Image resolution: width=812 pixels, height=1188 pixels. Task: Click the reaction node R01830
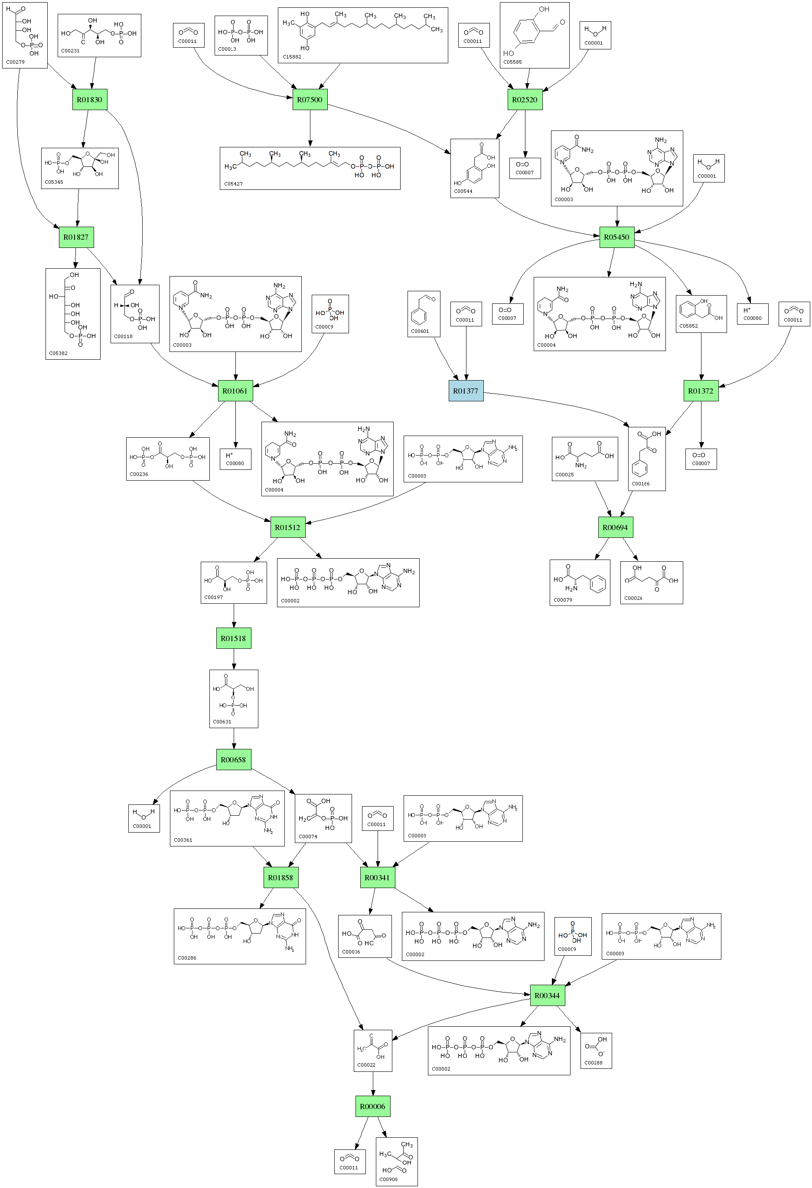[89, 100]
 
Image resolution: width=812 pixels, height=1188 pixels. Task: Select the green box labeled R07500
[310, 100]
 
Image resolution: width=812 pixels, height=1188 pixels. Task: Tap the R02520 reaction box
[525, 100]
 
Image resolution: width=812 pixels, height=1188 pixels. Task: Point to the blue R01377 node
[466, 391]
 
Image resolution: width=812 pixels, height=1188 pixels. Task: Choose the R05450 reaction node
[616, 237]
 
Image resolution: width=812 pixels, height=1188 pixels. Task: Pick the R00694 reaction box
[615, 527]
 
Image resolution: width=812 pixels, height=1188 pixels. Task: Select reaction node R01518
[234, 638]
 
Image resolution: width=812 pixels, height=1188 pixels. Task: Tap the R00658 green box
[234, 760]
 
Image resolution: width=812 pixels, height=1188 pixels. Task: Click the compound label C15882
[292, 57]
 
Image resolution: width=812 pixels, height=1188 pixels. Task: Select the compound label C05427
[234, 183]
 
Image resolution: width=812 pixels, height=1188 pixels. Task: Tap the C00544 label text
[463, 191]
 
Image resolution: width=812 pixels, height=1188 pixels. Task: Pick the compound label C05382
[58, 353]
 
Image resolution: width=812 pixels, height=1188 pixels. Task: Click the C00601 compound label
[421, 331]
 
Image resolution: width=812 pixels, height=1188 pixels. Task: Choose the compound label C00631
[222, 722]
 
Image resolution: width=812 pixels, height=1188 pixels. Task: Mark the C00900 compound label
[388, 1179]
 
